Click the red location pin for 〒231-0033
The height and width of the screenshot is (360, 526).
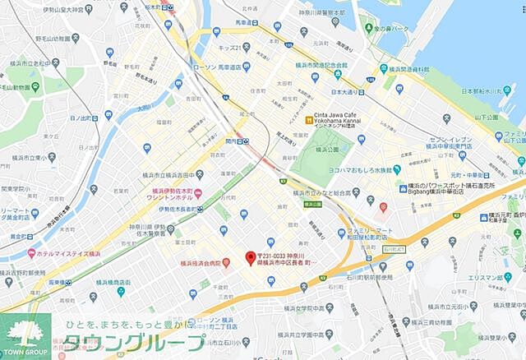(251, 257)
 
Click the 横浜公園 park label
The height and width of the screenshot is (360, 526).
(316, 150)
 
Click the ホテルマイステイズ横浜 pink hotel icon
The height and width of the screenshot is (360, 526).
(31, 252)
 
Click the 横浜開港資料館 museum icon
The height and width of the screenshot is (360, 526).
(383, 69)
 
